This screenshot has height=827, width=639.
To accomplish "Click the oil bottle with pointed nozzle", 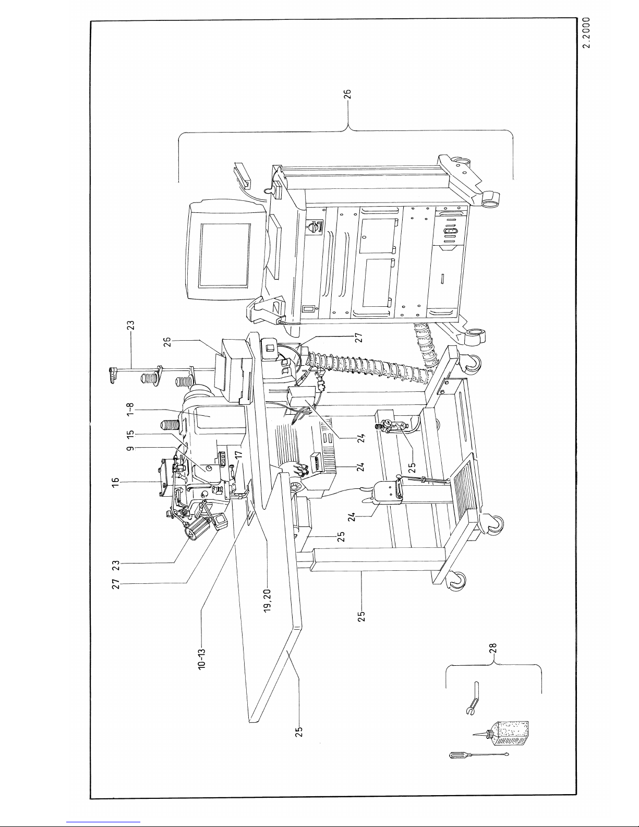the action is pyautogui.click(x=501, y=733).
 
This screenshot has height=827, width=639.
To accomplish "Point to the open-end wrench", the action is pyautogui.click(x=474, y=698).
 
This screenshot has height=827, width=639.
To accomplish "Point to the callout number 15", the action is pyautogui.click(x=130, y=435).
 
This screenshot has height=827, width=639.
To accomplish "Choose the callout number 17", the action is pyautogui.click(x=238, y=455).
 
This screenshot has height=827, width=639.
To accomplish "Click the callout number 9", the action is pyautogui.click(x=130, y=448).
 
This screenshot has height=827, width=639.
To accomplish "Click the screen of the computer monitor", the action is pyautogui.click(x=225, y=255).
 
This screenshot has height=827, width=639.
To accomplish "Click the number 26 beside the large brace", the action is pyautogui.click(x=347, y=94).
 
